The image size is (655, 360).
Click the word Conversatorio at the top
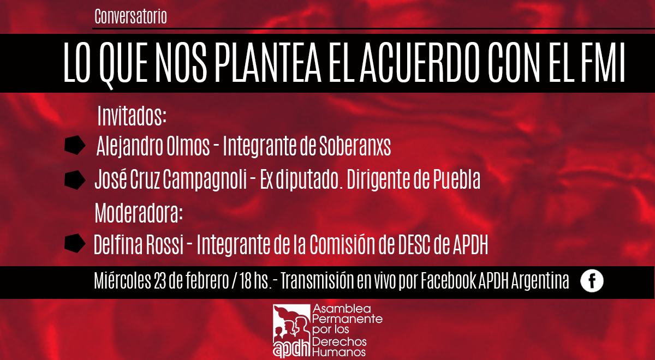tap(130, 16)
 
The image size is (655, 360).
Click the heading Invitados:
tap(132, 116)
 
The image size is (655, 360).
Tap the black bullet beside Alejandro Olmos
tap(75, 145)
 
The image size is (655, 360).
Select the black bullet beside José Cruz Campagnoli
tap(75, 180)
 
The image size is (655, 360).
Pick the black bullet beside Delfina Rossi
tap(75, 243)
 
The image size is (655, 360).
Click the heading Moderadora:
tap(139, 213)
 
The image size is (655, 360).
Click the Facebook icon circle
tap(592, 281)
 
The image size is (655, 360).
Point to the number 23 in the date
tap(160, 280)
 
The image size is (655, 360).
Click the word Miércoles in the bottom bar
tap(122, 280)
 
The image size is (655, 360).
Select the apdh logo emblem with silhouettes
tap(291, 331)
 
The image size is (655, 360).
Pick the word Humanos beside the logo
tap(339, 352)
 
